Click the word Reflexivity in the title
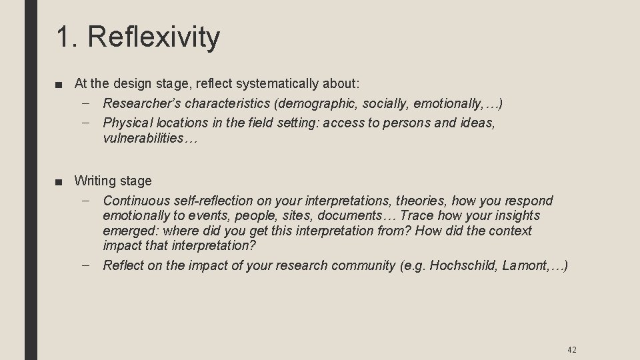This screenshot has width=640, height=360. coord(153,37)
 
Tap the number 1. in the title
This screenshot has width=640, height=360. coord(67,37)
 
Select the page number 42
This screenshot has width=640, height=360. coord(571,349)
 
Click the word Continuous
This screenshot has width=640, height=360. coord(136,201)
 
